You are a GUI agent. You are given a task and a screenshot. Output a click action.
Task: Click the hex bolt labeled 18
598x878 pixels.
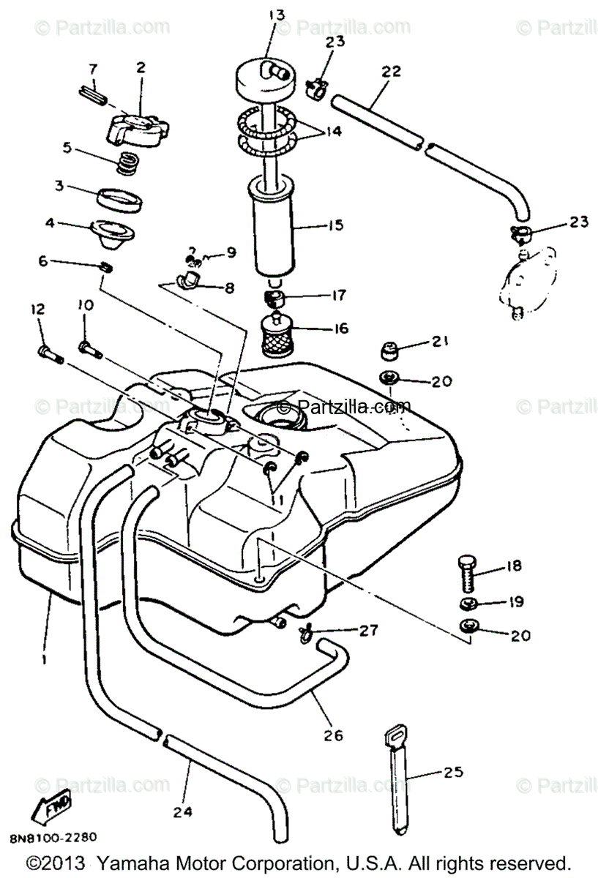pos(467,573)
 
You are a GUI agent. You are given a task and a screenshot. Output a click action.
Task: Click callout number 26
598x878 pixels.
pos(333,734)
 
